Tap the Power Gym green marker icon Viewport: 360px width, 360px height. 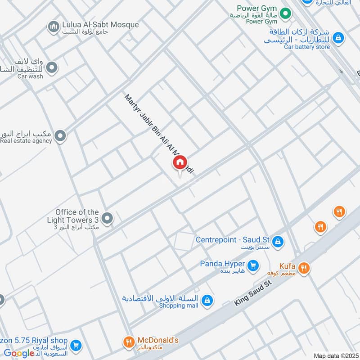(284, 14)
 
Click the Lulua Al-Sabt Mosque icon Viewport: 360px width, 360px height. (54, 27)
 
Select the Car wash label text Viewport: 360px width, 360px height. (30, 76)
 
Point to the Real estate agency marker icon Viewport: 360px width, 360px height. (60, 135)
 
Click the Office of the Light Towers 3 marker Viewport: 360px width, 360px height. (107, 219)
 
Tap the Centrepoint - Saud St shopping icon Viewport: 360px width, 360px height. (278, 241)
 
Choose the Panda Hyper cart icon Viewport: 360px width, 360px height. (253, 265)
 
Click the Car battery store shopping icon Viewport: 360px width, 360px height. (339, 38)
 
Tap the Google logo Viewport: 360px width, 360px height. (19, 353)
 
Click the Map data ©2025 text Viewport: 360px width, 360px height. (335, 355)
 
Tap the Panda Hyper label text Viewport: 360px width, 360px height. (222, 264)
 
